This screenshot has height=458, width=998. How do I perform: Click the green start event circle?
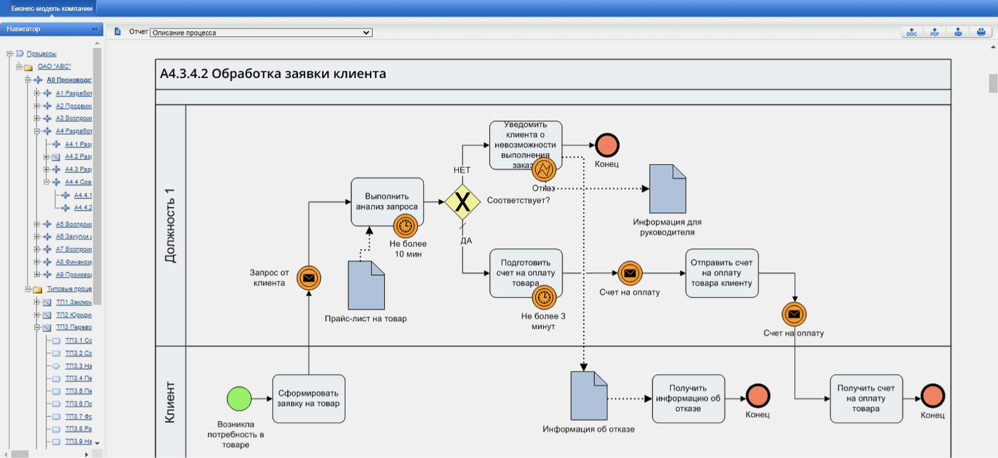click(238, 398)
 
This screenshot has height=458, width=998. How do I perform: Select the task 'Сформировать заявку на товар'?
click(308, 398)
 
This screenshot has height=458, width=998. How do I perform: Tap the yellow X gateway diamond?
click(462, 202)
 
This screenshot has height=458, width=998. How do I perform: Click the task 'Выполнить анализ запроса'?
click(387, 201)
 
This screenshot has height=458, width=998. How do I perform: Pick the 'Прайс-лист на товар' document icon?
click(366, 285)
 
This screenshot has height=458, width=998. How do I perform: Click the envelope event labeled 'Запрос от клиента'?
click(309, 278)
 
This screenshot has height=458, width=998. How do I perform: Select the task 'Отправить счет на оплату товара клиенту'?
click(721, 273)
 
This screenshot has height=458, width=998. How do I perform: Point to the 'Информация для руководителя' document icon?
click(667, 189)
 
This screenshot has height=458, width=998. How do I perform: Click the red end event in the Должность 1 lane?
click(607, 145)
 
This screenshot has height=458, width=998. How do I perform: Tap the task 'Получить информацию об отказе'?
click(688, 398)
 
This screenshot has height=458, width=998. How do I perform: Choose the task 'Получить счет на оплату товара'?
click(866, 398)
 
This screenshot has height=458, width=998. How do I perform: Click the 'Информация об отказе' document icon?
click(588, 395)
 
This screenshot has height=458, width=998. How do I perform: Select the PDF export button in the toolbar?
click(934, 32)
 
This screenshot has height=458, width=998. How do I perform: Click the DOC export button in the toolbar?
click(912, 32)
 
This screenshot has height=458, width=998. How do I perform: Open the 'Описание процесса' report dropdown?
click(261, 32)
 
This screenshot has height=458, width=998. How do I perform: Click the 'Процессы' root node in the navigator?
click(41, 54)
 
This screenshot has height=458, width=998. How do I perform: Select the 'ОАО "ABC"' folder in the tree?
click(54, 67)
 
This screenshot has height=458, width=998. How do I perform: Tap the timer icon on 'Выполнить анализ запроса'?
click(405, 226)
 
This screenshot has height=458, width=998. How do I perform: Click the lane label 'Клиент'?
click(170, 402)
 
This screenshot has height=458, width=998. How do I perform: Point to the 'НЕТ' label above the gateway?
click(462, 170)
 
